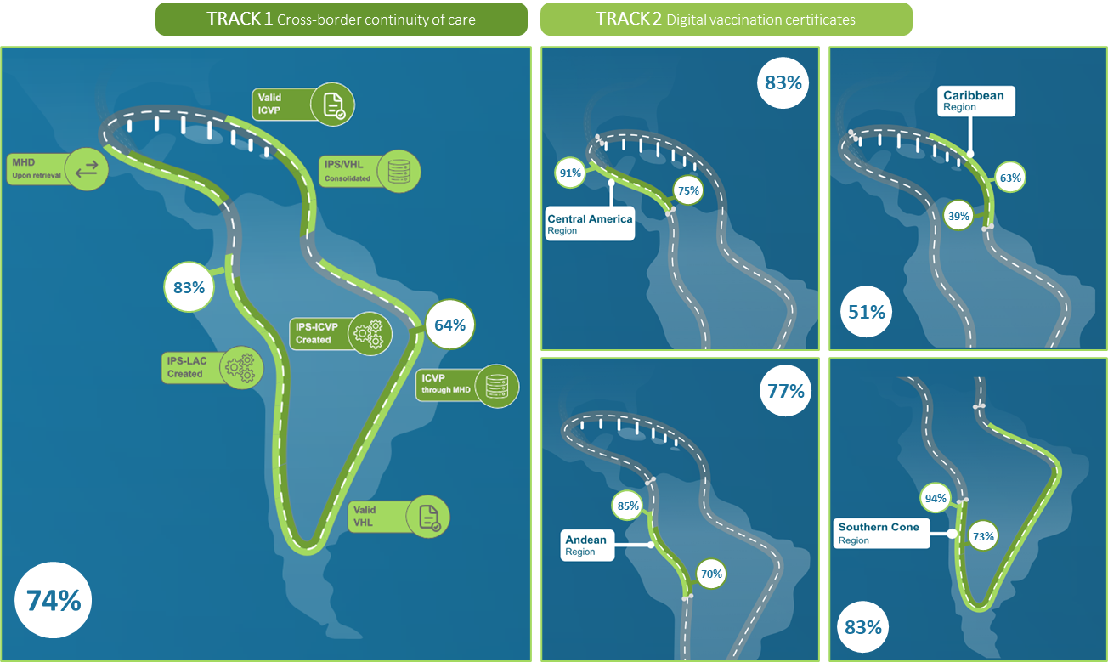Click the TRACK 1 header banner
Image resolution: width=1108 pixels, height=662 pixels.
point(341,19)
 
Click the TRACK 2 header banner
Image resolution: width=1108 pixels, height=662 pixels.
point(726,19)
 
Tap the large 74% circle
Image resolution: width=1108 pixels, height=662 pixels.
point(54,601)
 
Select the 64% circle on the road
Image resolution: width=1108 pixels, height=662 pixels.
point(449,325)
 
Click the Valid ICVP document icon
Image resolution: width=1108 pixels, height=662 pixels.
point(332,104)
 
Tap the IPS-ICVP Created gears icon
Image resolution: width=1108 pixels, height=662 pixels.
point(371,332)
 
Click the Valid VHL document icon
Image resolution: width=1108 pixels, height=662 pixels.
point(427,516)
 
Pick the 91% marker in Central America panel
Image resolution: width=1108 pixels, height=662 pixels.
point(569,173)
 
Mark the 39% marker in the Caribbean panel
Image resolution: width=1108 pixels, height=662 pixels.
point(958,216)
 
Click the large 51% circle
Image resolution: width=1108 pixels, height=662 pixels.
point(866,312)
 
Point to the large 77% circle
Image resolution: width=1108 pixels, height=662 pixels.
point(785,391)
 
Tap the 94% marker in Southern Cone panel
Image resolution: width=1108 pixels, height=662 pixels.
point(936,499)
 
